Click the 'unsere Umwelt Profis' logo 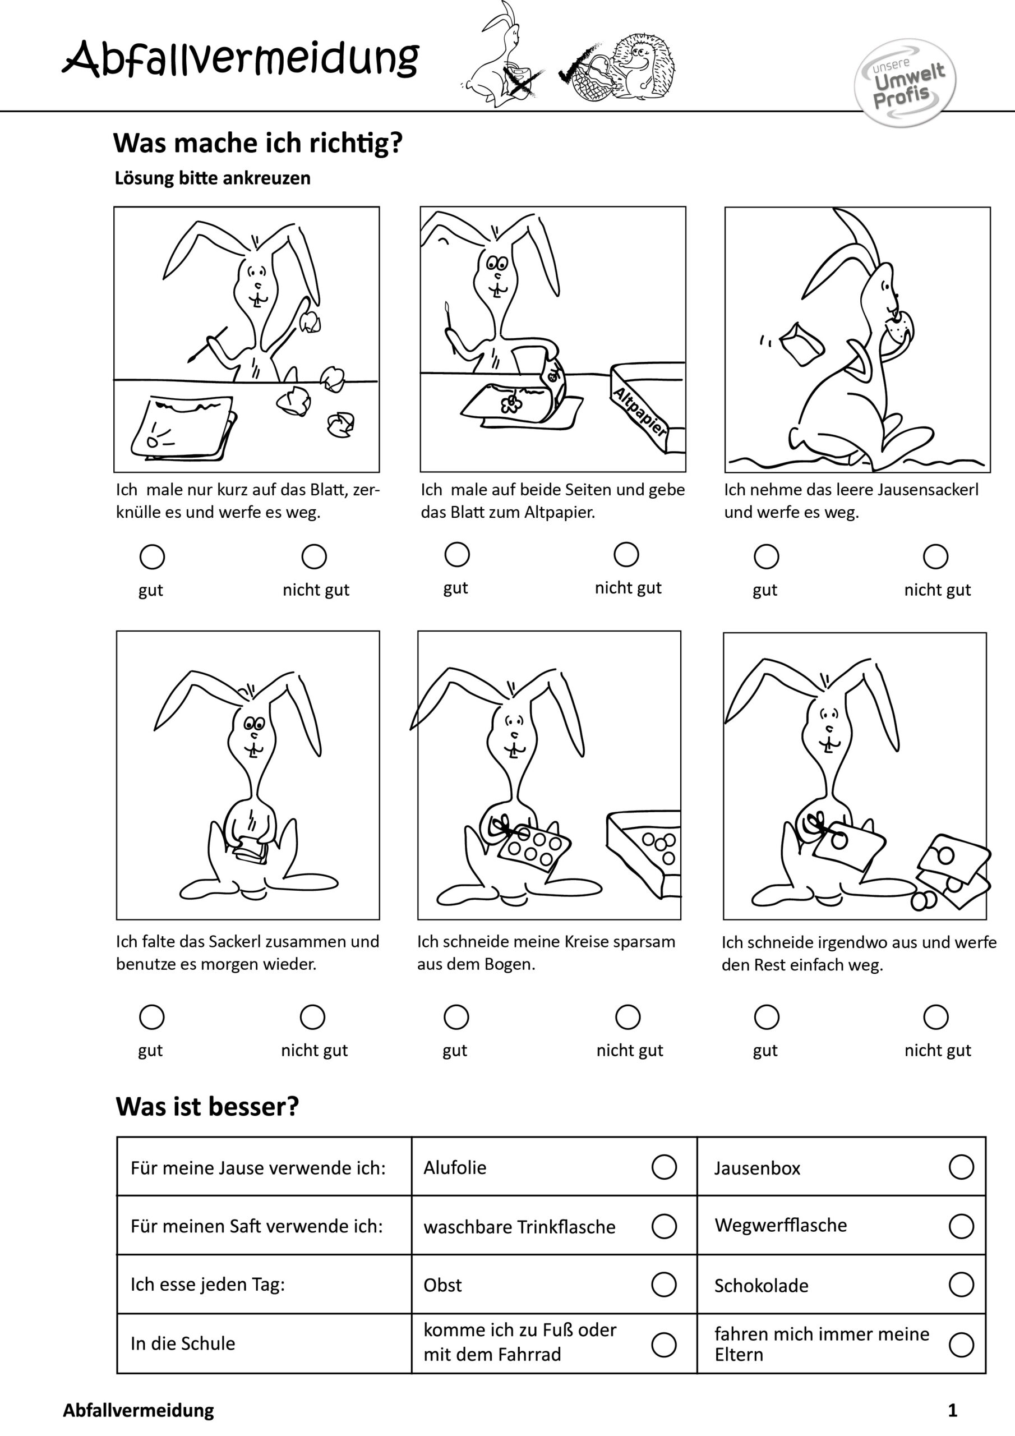[905, 83]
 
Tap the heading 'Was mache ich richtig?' [257, 143]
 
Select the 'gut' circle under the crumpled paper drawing [152, 556]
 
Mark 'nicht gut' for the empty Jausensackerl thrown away [935, 556]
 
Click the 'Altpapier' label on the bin [640, 412]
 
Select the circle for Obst [663, 1285]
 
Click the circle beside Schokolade [961, 1285]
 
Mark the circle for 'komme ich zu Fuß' [663, 1344]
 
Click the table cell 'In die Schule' [183, 1343]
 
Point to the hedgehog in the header [641, 66]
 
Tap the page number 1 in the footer [952, 1410]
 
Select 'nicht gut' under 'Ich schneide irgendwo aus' [935, 1017]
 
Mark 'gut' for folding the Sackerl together [151, 1017]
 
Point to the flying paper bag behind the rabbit [802, 343]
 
